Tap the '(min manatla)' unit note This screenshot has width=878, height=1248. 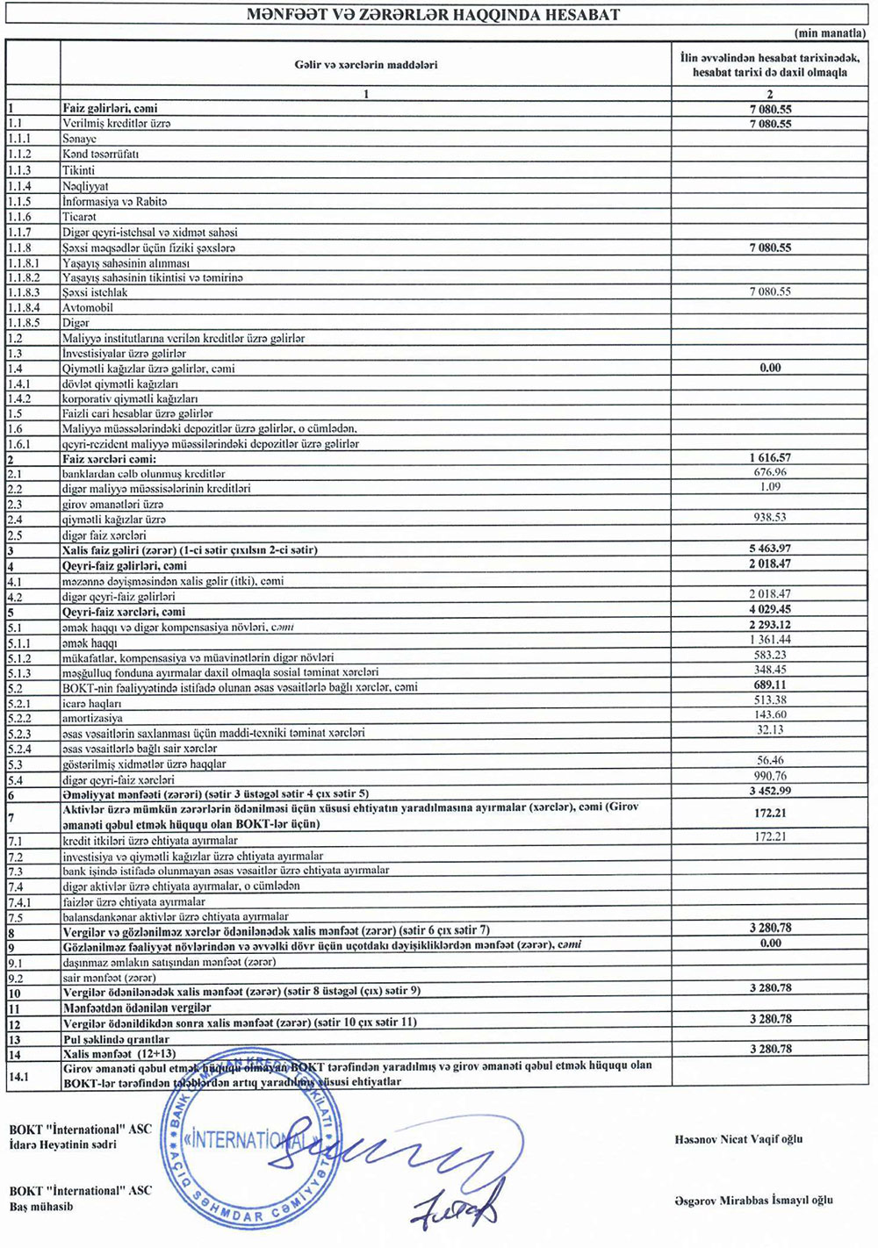pos(830,33)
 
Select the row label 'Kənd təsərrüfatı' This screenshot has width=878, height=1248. pos(100,154)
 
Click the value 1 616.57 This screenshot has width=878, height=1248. pos(770,457)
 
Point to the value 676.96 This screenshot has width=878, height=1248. pos(770,472)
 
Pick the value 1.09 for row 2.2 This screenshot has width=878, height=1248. pos(770,487)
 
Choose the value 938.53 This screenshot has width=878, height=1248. pos(770,518)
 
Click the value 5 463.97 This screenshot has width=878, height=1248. pos(770,549)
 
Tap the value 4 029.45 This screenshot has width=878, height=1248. pos(770,610)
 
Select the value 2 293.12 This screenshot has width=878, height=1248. pos(770,625)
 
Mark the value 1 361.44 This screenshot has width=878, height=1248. pos(770,640)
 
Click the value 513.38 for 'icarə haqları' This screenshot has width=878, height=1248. pos(770,700)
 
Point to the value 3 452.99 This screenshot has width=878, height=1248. pos(770,792)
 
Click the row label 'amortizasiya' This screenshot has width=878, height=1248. pos(92,718)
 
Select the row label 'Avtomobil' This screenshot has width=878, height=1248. pos(88,308)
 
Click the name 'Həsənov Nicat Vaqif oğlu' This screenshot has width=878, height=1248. pos(738,1139)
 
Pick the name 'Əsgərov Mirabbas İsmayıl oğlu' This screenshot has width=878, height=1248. pos(753,1200)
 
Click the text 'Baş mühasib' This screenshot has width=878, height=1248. pos(41,1206)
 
